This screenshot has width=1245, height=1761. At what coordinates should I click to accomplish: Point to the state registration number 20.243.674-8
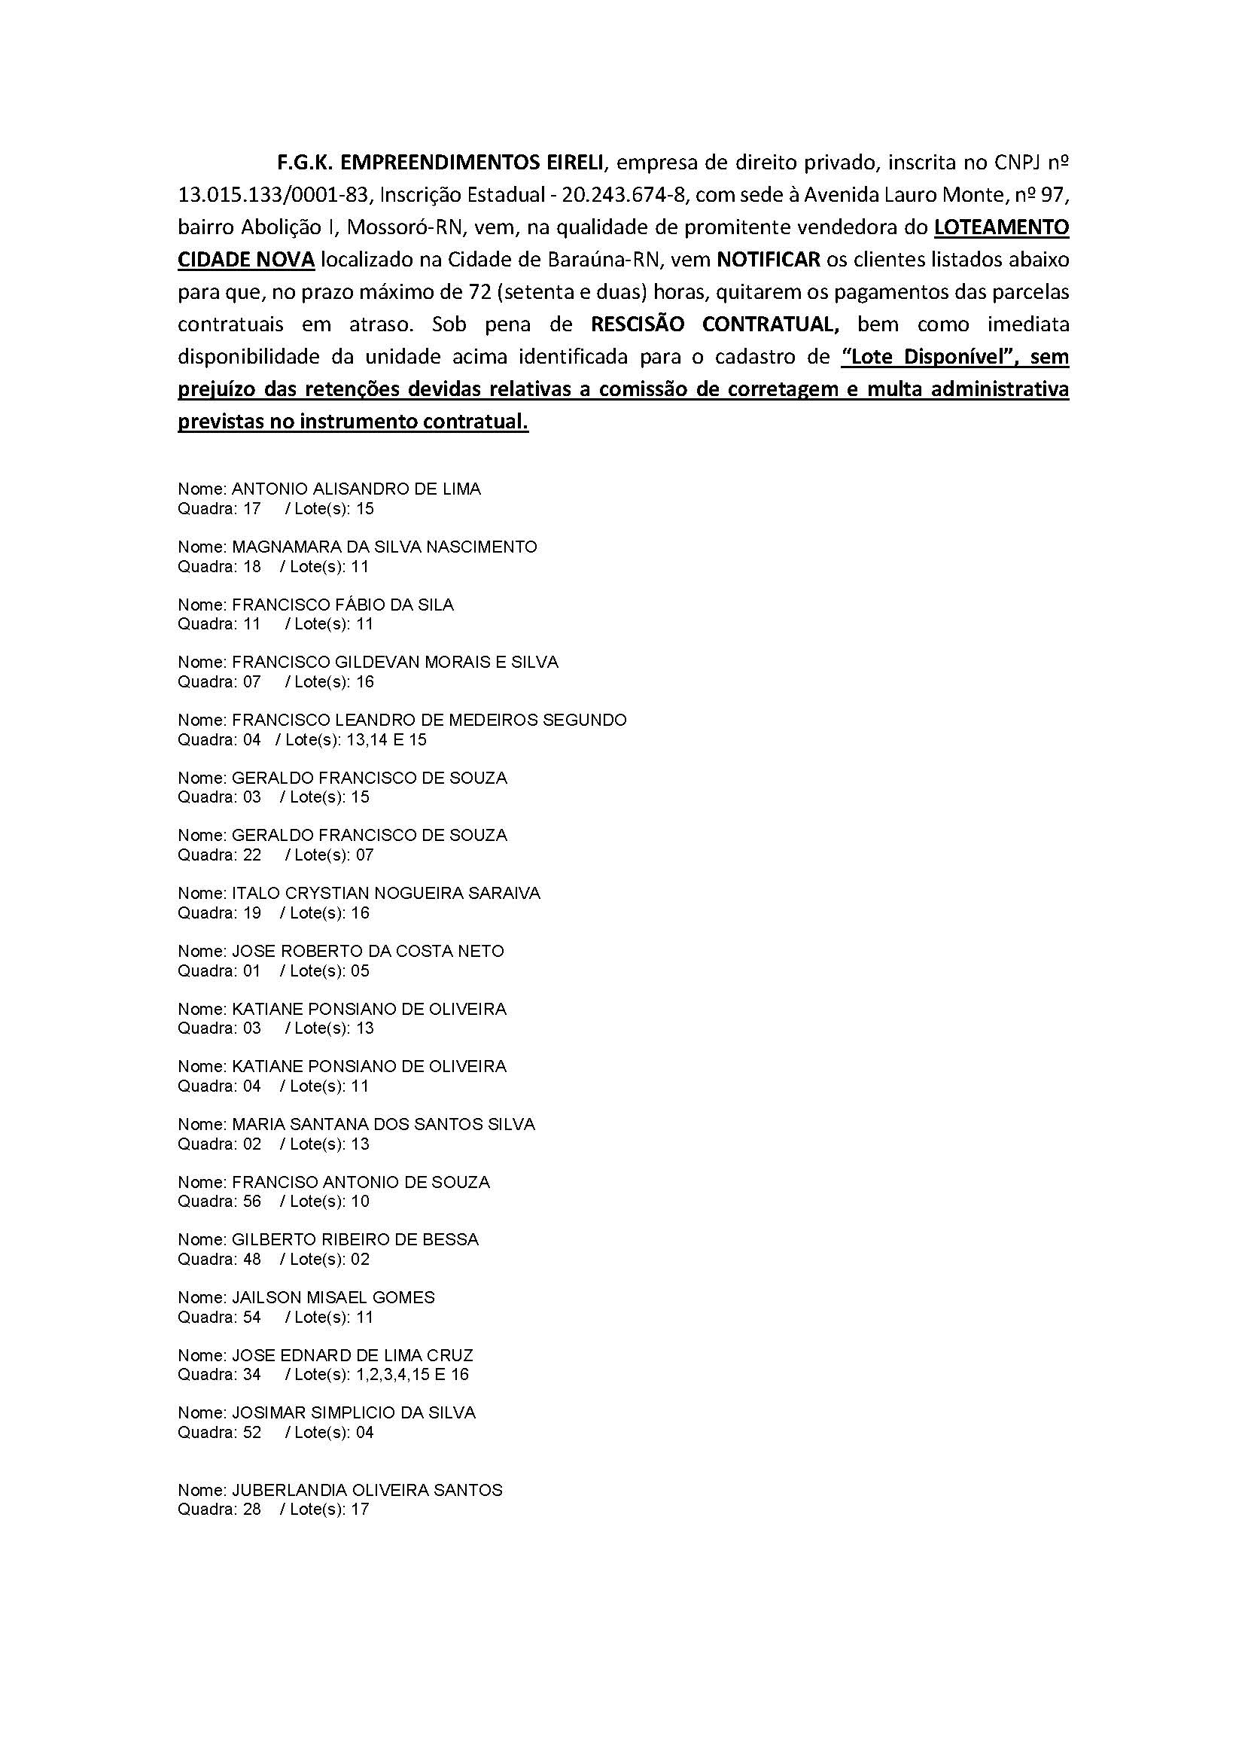pyautogui.click(x=622, y=195)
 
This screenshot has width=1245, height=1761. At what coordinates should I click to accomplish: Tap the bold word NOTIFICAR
pyautogui.click(x=769, y=259)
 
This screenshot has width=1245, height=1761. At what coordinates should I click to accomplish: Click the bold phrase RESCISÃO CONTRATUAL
pyautogui.click(x=714, y=324)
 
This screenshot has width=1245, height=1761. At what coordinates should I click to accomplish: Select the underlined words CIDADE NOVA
pyautogui.click(x=246, y=259)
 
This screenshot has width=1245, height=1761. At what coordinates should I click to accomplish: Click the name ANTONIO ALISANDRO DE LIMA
pyautogui.click(x=357, y=489)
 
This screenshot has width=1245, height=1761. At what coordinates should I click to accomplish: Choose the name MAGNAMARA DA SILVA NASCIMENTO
pyautogui.click(x=384, y=547)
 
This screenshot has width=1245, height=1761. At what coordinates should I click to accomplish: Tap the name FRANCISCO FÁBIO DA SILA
pyautogui.click(x=342, y=605)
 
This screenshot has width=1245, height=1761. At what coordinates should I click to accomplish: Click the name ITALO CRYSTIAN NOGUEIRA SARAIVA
pyautogui.click(x=385, y=893)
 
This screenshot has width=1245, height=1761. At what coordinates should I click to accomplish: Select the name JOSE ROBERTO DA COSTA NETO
pyautogui.click(x=368, y=951)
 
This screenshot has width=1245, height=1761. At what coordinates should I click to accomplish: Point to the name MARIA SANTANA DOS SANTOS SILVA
pyautogui.click(x=383, y=1123)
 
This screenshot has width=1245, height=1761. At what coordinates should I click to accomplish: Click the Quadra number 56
pyautogui.click(x=251, y=1201)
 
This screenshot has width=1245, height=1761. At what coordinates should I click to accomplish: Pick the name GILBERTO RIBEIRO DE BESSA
pyautogui.click(x=355, y=1239)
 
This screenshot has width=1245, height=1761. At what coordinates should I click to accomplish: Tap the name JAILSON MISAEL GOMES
pyautogui.click(x=333, y=1297)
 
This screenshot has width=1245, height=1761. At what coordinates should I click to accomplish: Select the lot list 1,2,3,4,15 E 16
pyautogui.click(x=412, y=1375)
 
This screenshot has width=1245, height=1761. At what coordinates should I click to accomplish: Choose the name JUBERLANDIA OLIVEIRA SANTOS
pyautogui.click(x=367, y=1489)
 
